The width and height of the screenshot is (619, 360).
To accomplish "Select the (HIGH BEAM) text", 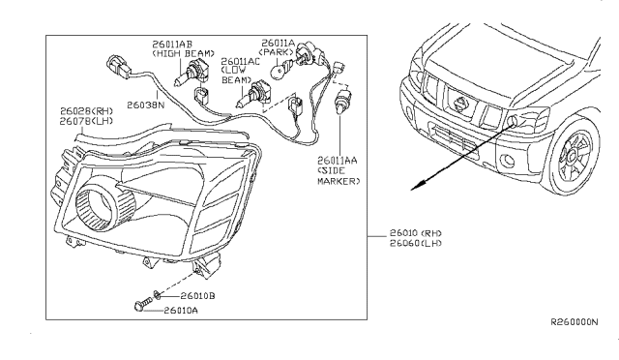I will (x=174, y=53).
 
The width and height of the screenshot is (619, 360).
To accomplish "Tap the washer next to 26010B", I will (x=157, y=294).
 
